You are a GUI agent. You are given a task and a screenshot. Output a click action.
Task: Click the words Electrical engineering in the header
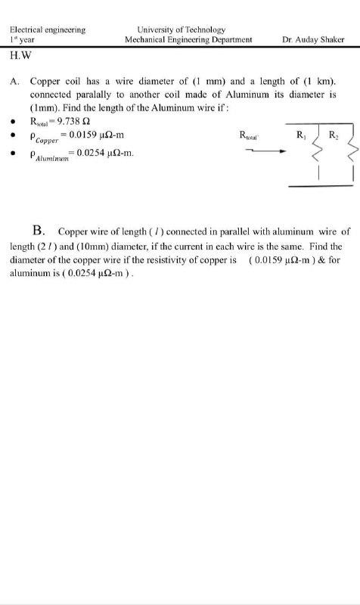point(47,29)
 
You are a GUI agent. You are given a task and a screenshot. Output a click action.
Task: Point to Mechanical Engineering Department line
point(188,39)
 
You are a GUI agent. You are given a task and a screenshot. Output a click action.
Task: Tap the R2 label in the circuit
point(334,136)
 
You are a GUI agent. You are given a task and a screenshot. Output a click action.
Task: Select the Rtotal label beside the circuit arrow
point(250,136)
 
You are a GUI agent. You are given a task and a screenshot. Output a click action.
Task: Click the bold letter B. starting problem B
point(41,229)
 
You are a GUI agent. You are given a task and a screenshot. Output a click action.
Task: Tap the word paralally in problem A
point(101,95)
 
